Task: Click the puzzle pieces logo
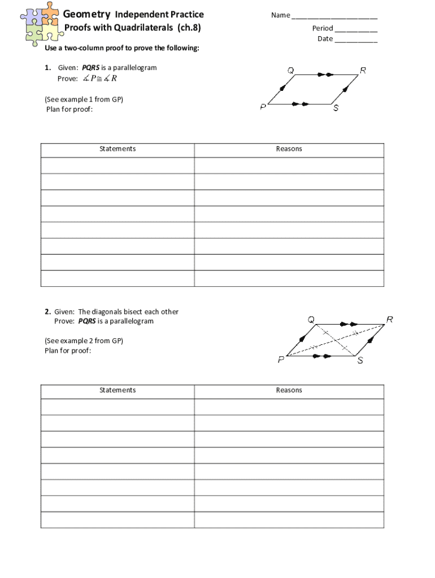point(40,21)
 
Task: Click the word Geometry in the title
point(86,14)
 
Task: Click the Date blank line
point(356,40)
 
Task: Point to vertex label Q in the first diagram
point(290,71)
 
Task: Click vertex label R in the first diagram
point(363,71)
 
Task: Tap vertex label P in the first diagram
point(263,108)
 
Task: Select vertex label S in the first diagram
point(336,108)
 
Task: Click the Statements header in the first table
point(118,149)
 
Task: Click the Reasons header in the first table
point(289,149)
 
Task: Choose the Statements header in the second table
point(118,390)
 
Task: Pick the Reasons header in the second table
point(289,390)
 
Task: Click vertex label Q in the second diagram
point(311,319)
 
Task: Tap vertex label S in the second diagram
point(360,361)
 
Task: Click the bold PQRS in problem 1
point(91,68)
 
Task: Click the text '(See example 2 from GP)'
point(84,340)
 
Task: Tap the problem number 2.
point(47,312)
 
